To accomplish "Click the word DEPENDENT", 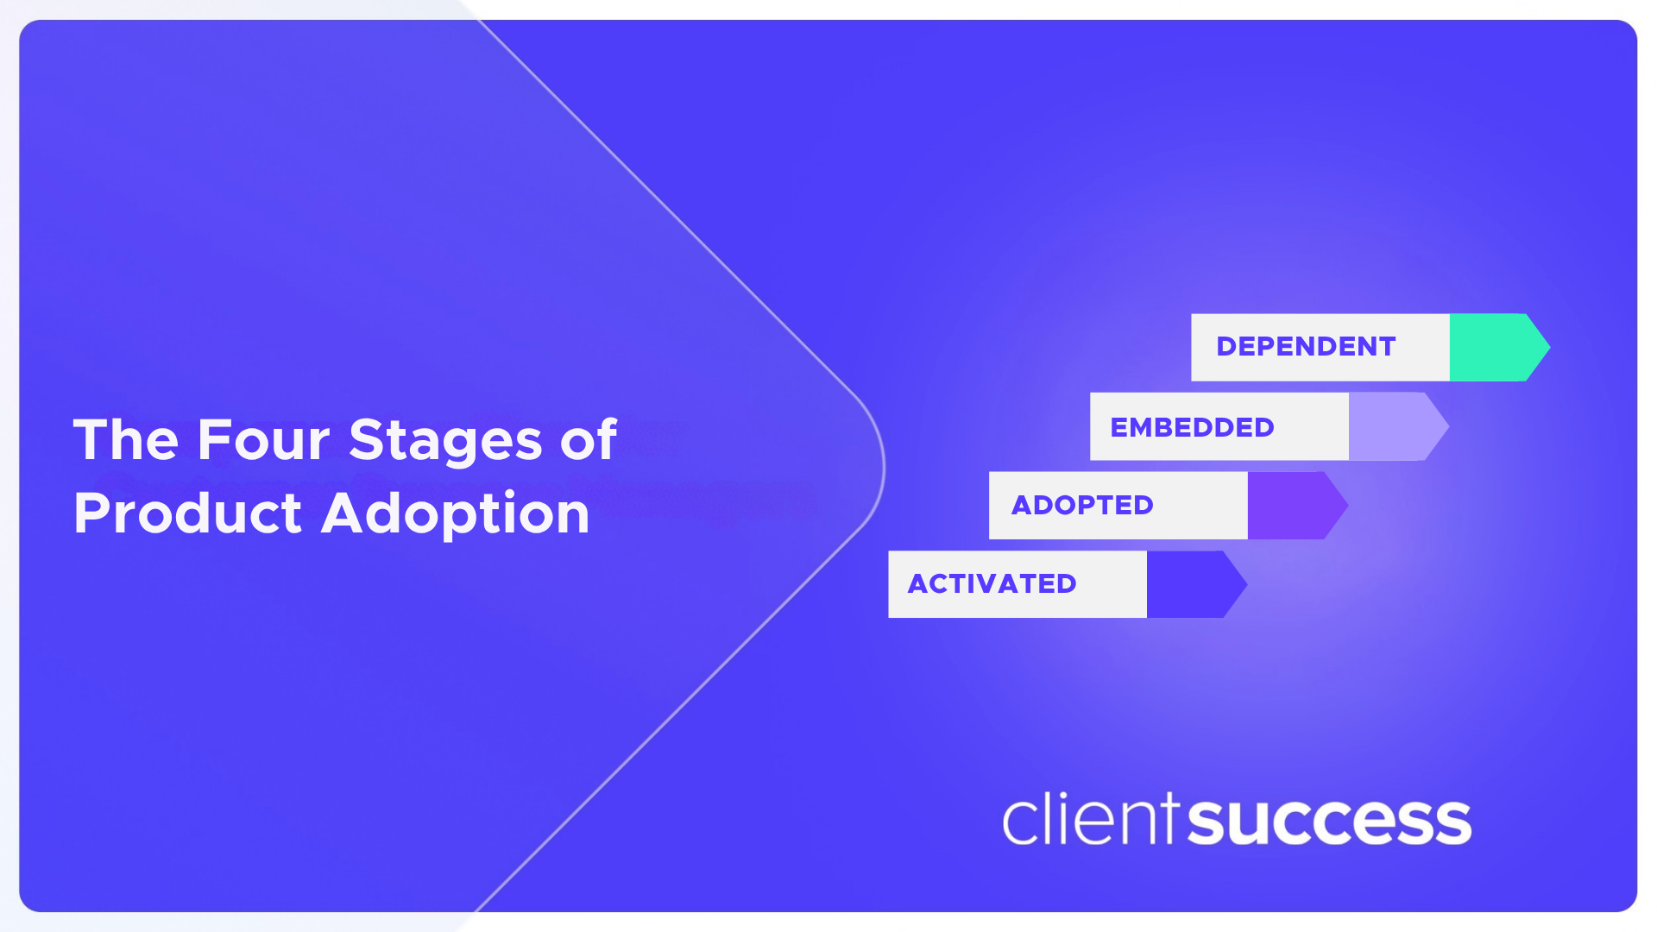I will coord(1305,347).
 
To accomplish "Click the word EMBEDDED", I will coord(1192,427).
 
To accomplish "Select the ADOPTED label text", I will coord(1082,505).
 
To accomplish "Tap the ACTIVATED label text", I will coord(992,584).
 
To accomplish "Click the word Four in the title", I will coord(263,440).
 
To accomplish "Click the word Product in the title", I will coord(187,514).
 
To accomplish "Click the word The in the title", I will coord(126,440).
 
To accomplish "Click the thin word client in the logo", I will coord(1090,820).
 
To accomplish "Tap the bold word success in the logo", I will coord(1329,822).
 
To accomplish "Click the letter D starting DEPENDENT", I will coord(1226,347).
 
